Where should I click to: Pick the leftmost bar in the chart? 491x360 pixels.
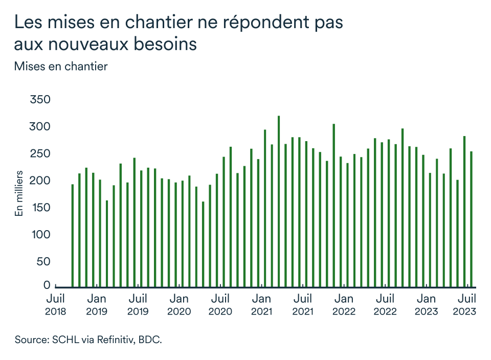click(x=73, y=235)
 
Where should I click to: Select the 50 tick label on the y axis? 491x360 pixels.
click(x=43, y=262)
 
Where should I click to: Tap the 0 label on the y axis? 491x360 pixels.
click(x=47, y=285)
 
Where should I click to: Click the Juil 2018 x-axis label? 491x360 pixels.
click(x=55, y=304)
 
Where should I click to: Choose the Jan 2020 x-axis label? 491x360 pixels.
click(x=179, y=304)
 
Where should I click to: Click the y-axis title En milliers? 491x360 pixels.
click(x=19, y=193)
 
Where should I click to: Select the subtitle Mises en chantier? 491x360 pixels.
click(x=61, y=66)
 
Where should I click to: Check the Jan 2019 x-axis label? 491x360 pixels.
click(x=97, y=304)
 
